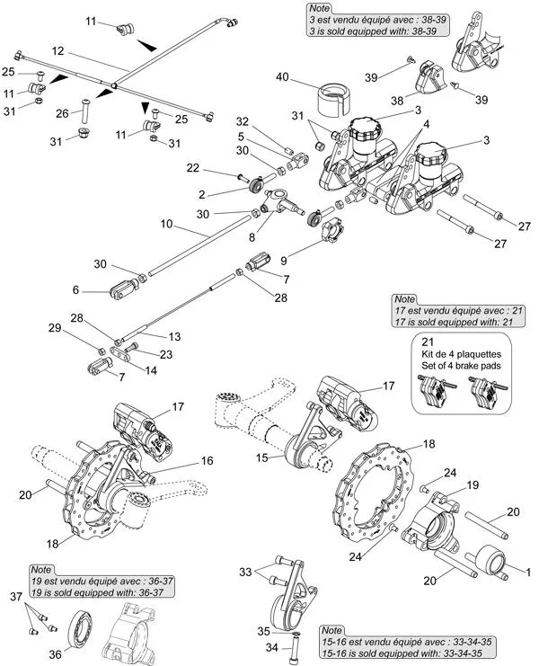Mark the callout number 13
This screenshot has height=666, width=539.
pos(174,335)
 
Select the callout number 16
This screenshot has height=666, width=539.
pos(207,460)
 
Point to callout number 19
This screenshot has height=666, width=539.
pos(473,485)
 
